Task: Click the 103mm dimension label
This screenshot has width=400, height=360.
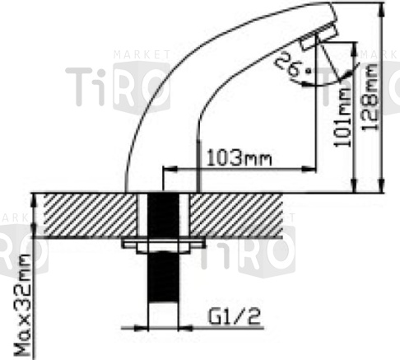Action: [x=239, y=158]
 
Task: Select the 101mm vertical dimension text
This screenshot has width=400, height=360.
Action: [x=342, y=117]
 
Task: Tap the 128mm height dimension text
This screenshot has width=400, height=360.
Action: [x=370, y=97]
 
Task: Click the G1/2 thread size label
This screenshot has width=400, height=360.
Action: [x=234, y=316]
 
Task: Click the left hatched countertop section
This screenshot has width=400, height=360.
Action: [x=90, y=215]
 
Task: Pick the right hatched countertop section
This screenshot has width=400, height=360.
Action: [x=236, y=215]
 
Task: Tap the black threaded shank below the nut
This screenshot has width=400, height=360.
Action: [x=163, y=277]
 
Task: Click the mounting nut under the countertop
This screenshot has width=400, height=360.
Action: [x=163, y=245]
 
